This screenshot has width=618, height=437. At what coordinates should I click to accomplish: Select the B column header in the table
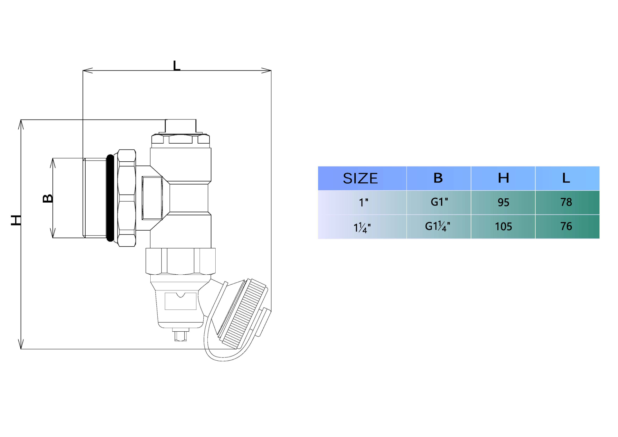point(438,178)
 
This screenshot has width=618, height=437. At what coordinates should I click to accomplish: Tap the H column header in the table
point(503,178)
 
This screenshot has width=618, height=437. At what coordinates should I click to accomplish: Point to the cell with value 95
point(503,202)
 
